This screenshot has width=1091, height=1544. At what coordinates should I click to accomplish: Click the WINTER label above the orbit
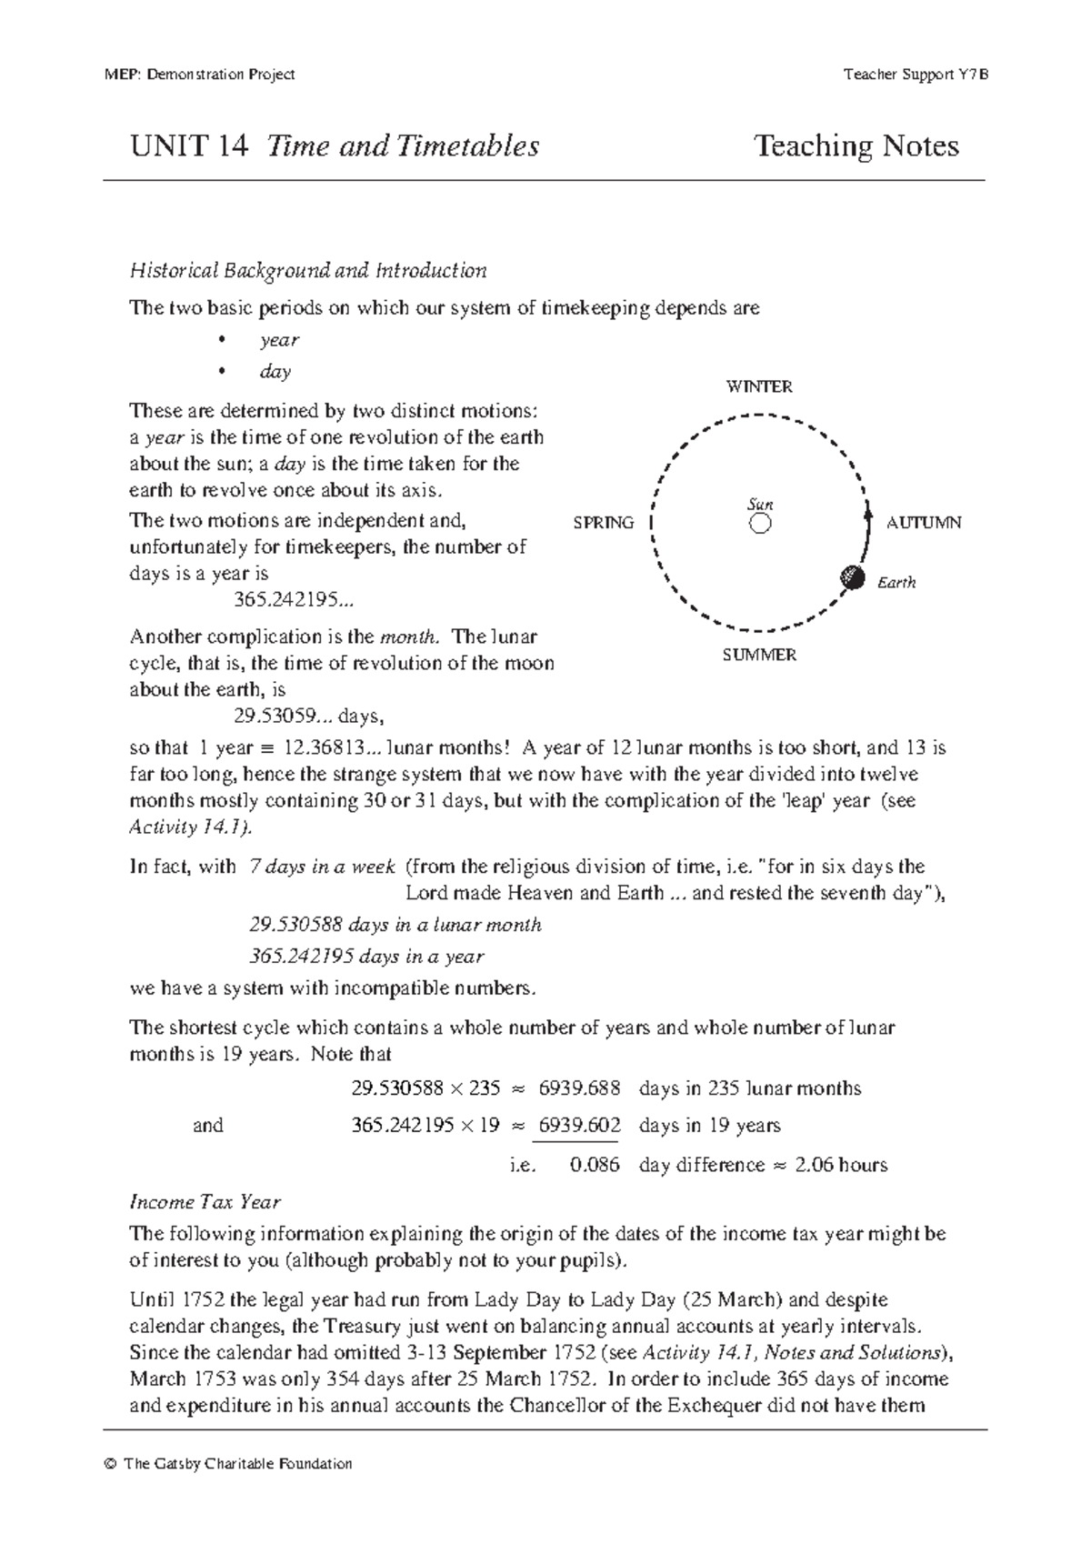tap(759, 386)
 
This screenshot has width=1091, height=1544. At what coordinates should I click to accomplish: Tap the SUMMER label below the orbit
tap(759, 655)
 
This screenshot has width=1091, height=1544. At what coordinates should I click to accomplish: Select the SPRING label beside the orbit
tap(604, 523)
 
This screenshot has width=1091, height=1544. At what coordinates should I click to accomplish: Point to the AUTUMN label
tap(924, 523)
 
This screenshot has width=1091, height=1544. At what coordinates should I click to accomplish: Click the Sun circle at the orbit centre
tap(760, 524)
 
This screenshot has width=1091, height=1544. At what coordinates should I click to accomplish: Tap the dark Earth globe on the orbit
tap(852, 576)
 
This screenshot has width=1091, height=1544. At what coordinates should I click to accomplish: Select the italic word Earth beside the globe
tap(896, 583)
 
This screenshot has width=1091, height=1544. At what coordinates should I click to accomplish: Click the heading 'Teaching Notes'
tap(856, 145)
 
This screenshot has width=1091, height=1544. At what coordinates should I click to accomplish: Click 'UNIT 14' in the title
tap(189, 145)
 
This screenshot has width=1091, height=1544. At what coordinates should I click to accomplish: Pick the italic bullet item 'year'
tap(279, 340)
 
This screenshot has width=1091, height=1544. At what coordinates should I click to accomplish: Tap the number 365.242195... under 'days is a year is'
tap(289, 600)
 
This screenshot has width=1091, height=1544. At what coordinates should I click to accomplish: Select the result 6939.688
tap(579, 1088)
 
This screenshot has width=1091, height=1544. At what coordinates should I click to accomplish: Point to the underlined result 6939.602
tap(579, 1126)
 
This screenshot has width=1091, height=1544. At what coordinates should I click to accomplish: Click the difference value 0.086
tap(595, 1165)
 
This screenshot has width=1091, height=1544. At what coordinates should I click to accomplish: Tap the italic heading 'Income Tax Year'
tap(205, 1202)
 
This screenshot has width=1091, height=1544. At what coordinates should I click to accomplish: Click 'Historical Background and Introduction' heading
tap(308, 270)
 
